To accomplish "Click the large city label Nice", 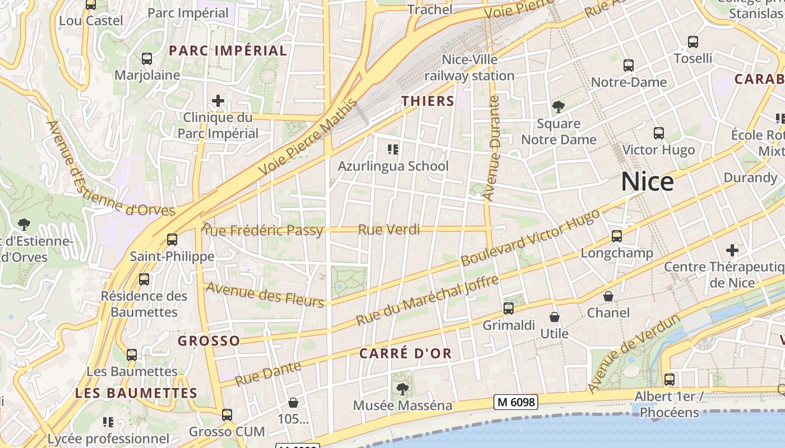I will pos(647,182).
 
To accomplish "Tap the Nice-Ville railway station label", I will pos(469,67).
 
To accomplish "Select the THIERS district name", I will pos(428,101).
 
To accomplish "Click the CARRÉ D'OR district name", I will pos(405,353).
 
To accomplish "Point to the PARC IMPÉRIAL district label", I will pos(228,51).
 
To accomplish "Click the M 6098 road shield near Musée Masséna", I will pos(516,402).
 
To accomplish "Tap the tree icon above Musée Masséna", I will pos(402,388).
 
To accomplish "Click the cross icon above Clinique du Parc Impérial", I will pos(218,101).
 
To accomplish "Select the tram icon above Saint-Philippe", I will pos(172,240).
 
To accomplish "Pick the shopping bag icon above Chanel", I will pos(608,296).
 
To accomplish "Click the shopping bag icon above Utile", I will pos(554,318).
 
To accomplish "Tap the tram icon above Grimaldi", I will pos(509,309).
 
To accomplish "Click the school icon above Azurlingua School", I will pos(393,150).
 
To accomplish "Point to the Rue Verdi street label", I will pos(389,229).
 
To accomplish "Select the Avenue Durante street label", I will pos(492,148).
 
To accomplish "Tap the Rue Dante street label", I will pos(268,374).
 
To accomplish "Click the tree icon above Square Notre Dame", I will pos(558,106).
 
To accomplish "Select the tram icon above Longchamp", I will pos(617,236).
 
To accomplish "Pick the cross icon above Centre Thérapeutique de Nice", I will pos(732,250).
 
